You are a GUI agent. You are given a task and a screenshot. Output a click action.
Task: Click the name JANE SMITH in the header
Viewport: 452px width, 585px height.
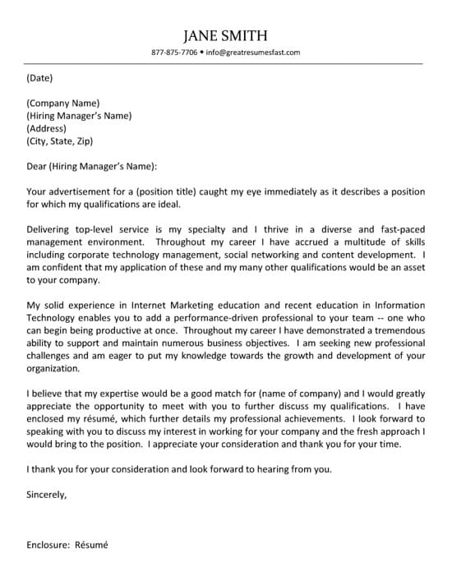point(225,35)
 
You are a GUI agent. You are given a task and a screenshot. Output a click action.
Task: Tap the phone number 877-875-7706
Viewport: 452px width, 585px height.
point(174,53)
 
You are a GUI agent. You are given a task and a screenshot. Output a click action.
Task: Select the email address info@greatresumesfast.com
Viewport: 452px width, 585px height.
point(253,53)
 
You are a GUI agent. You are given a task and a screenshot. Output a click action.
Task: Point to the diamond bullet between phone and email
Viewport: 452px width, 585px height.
point(201,53)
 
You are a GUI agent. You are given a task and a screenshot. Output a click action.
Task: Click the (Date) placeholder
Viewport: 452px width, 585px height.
point(39,79)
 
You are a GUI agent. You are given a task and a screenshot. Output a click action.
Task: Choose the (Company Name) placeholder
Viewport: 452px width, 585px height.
point(62,104)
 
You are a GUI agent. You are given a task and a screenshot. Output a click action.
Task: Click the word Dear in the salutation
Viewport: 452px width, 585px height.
point(36,166)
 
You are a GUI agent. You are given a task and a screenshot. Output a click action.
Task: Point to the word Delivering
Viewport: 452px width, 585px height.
point(52,229)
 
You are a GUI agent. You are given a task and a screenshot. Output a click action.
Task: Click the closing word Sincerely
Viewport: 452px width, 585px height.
point(46,495)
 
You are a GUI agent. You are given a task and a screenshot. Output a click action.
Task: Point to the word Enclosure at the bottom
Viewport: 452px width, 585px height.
point(48,545)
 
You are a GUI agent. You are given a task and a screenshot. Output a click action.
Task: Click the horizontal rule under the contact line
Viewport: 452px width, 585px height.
point(225,63)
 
